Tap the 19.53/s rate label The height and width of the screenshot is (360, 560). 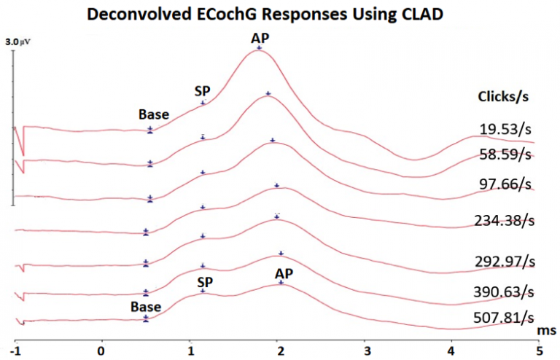(x=504, y=130)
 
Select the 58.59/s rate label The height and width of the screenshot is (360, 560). (x=504, y=154)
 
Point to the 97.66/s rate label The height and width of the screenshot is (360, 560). (x=504, y=185)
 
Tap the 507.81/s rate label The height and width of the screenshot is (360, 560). (x=504, y=318)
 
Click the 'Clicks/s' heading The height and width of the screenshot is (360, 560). (x=502, y=97)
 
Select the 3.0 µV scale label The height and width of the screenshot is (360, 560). (x=17, y=44)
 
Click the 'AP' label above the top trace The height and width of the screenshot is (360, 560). (x=259, y=38)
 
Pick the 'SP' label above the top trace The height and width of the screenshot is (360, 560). (x=202, y=90)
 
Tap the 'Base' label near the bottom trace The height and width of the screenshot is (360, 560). (x=146, y=307)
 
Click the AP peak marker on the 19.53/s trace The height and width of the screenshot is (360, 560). (x=259, y=47)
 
